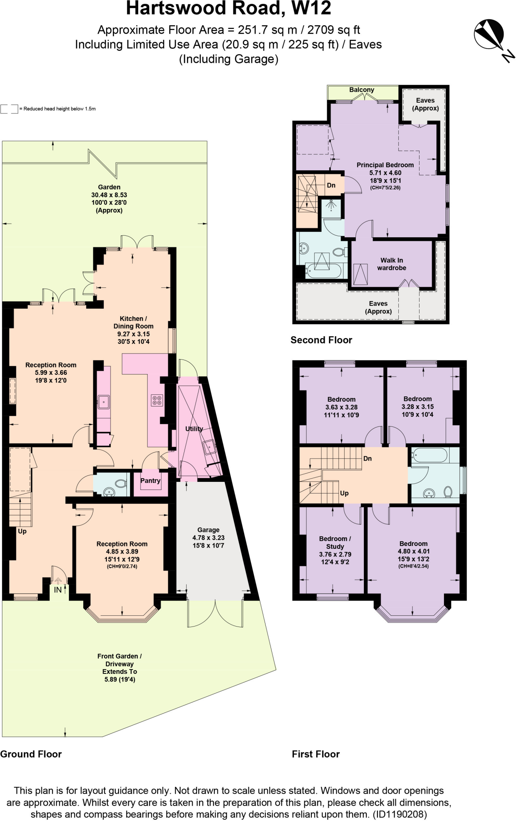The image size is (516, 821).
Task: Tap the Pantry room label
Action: click(150, 481)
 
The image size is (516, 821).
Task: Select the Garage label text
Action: click(208, 530)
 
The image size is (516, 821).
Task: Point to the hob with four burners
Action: click(157, 400)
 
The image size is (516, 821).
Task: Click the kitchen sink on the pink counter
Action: click(104, 401)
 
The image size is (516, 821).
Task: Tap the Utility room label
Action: click(194, 429)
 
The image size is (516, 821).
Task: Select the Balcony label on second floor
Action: click(361, 90)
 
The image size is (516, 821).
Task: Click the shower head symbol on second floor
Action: click(331, 205)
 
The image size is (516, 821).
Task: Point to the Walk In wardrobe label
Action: click(392, 264)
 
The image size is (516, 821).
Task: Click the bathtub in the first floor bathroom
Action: click(430, 455)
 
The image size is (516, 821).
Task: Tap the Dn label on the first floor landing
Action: click(367, 459)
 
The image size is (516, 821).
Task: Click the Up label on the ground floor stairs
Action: click(22, 531)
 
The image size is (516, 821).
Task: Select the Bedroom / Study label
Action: click(335, 542)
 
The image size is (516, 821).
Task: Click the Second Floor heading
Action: click(321, 340)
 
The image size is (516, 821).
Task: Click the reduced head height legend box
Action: click(9, 109)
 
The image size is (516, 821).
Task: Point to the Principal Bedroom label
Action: click(385, 165)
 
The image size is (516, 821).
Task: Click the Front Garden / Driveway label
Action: click(119, 660)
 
